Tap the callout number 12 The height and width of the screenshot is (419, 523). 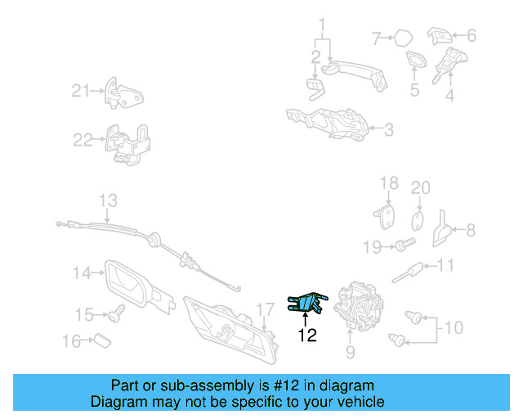point(306,334)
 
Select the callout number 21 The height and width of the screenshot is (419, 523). point(80,91)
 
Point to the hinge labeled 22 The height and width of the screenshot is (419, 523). point(132,145)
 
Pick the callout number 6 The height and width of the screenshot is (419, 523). point(471,36)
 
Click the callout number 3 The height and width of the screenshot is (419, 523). point(388,128)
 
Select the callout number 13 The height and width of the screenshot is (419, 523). point(108,200)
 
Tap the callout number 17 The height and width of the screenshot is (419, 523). point(264,309)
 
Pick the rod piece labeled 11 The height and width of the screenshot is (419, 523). point(413,269)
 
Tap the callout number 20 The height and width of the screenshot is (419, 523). point(420,188)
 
